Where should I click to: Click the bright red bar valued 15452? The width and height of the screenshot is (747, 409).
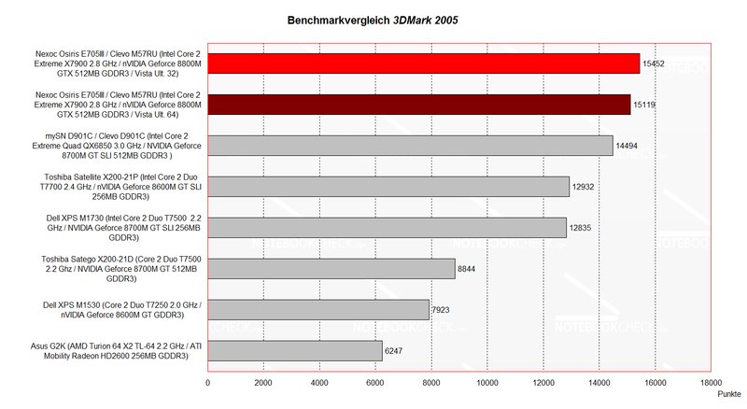click(423, 63)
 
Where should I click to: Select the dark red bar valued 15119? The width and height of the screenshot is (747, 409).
click(418, 104)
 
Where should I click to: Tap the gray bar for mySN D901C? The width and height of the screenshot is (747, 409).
click(410, 145)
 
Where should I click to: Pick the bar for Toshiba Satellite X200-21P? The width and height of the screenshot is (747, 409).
click(388, 186)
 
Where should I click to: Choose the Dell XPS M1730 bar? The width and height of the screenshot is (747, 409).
click(387, 227)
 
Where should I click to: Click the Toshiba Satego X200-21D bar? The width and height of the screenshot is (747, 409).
click(331, 268)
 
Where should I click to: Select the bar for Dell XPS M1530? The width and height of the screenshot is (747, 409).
click(317, 309)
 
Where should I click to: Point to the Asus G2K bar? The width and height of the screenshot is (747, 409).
click(294, 350)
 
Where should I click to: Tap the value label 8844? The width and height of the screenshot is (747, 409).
click(469, 269)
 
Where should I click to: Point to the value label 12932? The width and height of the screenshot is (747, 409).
click(585, 187)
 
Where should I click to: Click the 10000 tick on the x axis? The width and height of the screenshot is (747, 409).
click(486, 382)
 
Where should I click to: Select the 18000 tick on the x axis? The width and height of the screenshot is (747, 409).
click(711, 382)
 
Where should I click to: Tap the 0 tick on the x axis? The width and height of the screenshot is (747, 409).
click(207, 382)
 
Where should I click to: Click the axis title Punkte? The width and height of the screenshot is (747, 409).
click(730, 395)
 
